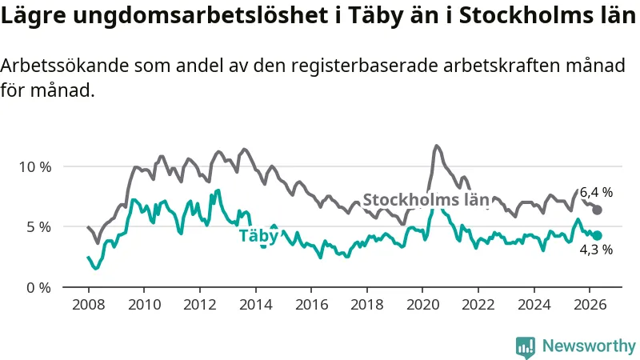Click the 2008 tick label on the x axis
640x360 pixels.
[89, 305]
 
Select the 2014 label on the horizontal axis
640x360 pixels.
[255, 305]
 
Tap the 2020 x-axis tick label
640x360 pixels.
[422, 305]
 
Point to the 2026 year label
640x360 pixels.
[590, 305]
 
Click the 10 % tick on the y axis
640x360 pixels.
[35, 167]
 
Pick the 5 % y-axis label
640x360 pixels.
[38, 227]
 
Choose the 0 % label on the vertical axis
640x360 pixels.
[38, 288]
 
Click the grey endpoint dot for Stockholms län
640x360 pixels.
[597, 210]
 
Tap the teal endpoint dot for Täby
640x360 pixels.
[597, 235]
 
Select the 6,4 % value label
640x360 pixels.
[596, 192]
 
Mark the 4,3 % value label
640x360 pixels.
[596, 250]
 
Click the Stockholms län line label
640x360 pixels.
[426, 199]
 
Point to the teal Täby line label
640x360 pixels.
[258, 236]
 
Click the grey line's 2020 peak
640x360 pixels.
[436, 146]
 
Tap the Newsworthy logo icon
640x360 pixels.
[526, 347]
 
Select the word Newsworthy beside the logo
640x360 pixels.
[589, 346]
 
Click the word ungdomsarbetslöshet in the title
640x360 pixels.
[198, 15]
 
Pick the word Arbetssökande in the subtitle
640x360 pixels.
[65, 66]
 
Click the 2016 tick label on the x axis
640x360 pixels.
[311, 305]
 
